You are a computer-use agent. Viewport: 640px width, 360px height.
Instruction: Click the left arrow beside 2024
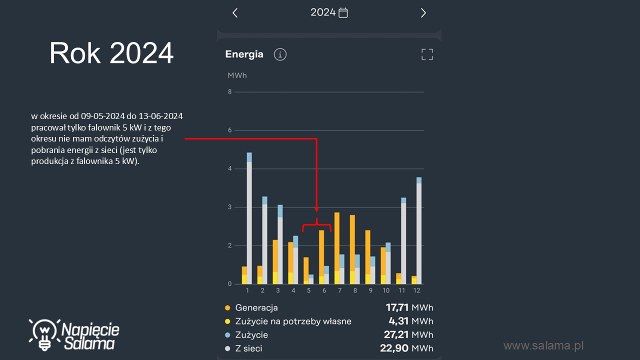235,13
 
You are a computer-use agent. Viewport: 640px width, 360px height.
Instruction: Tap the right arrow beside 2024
423,13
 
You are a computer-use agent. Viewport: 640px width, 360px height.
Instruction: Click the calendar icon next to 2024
343,13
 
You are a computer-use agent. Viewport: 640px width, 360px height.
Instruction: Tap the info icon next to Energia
280,54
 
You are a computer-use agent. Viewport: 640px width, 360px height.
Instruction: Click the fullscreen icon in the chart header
427,54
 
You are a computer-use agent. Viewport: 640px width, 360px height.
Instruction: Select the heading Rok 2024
111,53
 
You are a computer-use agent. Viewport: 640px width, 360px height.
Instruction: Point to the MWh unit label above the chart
237,75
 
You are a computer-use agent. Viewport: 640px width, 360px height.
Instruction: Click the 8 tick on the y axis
229,92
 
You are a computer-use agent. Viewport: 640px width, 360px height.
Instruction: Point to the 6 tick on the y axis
229,130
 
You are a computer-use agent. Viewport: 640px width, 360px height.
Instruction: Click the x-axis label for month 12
416,290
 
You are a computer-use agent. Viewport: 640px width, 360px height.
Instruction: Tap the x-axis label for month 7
339,290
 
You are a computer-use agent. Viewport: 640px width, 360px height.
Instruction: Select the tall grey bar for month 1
249,222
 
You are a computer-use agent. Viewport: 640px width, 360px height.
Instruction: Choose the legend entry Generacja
256,308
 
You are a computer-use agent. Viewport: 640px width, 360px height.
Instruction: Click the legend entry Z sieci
248,348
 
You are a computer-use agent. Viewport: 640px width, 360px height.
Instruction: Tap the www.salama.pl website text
543,345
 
